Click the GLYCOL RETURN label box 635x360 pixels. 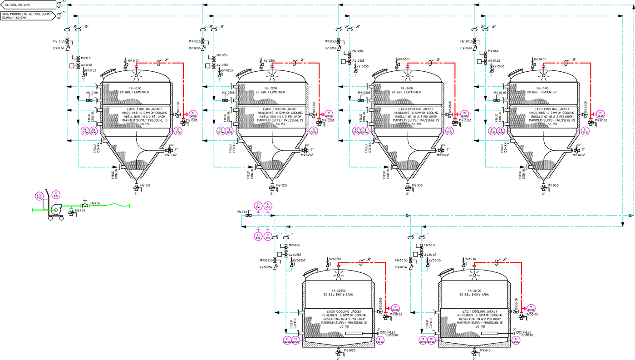(x=28, y=5)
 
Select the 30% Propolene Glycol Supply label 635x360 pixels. (x=27, y=15)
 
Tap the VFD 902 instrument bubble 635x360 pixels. (x=39, y=196)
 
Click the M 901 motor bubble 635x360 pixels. (x=56, y=195)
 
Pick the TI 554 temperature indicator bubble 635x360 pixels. (x=258, y=205)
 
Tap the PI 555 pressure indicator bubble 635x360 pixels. (x=268, y=205)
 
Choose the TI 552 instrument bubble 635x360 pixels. (x=258, y=236)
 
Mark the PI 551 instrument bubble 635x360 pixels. (x=268, y=236)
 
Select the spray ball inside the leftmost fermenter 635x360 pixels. (x=136, y=74)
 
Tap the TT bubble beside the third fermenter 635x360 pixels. (x=356, y=131)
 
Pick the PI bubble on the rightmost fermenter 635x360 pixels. (x=601, y=114)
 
